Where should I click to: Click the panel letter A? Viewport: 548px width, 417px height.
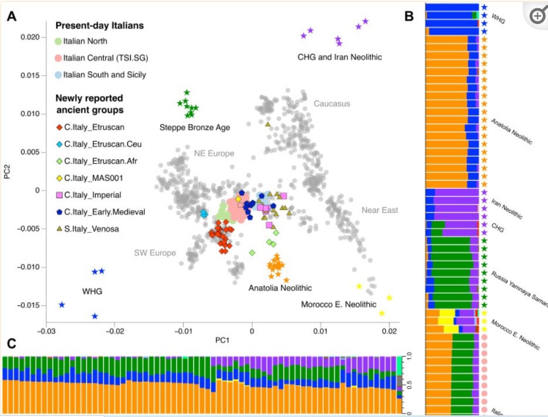pos(11,17)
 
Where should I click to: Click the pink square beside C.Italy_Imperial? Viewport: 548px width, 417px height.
pos(59,195)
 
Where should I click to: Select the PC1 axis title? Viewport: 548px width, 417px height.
pos(221,340)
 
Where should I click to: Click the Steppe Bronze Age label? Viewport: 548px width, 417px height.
pos(195,127)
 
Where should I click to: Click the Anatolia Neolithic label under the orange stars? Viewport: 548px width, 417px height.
pos(280,287)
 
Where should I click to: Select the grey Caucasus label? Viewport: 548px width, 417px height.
pos(331,104)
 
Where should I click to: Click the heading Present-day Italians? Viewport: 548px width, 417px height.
pos(99,26)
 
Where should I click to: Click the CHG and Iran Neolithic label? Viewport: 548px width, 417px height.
pos(340,57)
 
